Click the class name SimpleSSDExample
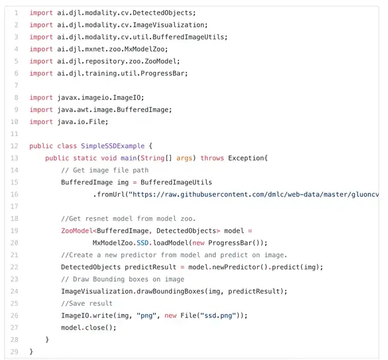click(x=113, y=146)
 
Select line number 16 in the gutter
click(x=14, y=195)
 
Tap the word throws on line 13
click(x=212, y=158)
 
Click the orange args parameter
click(x=184, y=158)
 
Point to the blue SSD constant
click(x=143, y=243)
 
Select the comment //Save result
click(x=87, y=303)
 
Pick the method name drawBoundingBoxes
click(x=170, y=291)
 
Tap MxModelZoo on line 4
click(x=144, y=49)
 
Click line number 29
click(x=14, y=352)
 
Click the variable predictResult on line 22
click(x=150, y=267)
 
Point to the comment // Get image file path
click(x=104, y=170)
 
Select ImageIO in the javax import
click(x=127, y=98)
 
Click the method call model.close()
click(x=88, y=328)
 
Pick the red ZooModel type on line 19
click(x=77, y=231)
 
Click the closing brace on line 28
click(x=47, y=340)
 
